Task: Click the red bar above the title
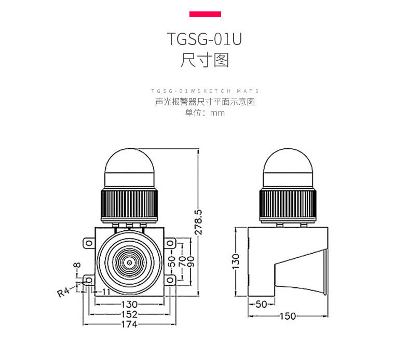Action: click(x=205, y=14)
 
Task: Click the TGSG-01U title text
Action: click(x=205, y=39)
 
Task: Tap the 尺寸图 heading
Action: click(x=205, y=60)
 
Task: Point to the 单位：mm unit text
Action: click(x=205, y=113)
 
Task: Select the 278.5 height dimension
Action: click(x=198, y=223)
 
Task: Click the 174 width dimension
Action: click(x=129, y=325)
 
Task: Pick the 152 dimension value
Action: click(x=129, y=314)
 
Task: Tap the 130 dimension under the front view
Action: click(x=129, y=304)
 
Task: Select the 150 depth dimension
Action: click(x=289, y=316)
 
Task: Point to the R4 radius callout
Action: click(x=63, y=293)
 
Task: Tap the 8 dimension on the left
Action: click(x=77, y=266)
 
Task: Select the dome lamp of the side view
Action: click(x=288, y=169)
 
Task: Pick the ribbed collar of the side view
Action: click(x=288, y=205)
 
